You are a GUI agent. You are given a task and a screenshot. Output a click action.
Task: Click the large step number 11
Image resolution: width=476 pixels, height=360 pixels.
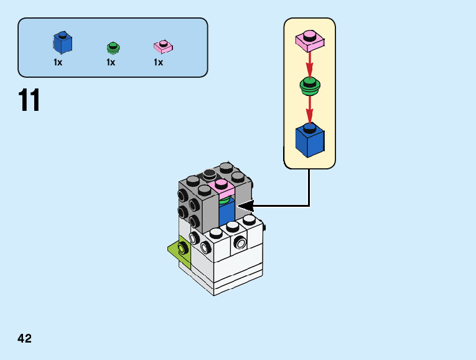29,100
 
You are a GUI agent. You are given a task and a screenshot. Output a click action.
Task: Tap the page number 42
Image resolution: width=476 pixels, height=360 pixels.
25,338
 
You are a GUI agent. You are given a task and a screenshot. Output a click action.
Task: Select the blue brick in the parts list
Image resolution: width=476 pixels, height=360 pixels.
62,42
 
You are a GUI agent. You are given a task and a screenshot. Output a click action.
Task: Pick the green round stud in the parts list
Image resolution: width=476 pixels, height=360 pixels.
113,47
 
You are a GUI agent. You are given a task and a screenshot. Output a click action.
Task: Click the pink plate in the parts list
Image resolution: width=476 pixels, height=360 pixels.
163,46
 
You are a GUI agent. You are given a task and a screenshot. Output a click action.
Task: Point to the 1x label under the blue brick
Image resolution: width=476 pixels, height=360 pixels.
58,62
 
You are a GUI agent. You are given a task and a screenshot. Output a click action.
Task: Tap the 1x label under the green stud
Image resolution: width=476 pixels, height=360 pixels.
111,62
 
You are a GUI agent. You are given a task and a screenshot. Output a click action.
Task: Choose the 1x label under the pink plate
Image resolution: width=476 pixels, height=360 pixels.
159,62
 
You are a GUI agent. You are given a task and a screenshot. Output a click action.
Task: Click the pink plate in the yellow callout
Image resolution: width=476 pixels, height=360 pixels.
309,40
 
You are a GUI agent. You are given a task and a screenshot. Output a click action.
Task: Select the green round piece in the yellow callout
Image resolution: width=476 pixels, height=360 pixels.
309,85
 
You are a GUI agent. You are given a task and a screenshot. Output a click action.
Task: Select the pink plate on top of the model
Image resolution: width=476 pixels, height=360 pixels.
222,187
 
